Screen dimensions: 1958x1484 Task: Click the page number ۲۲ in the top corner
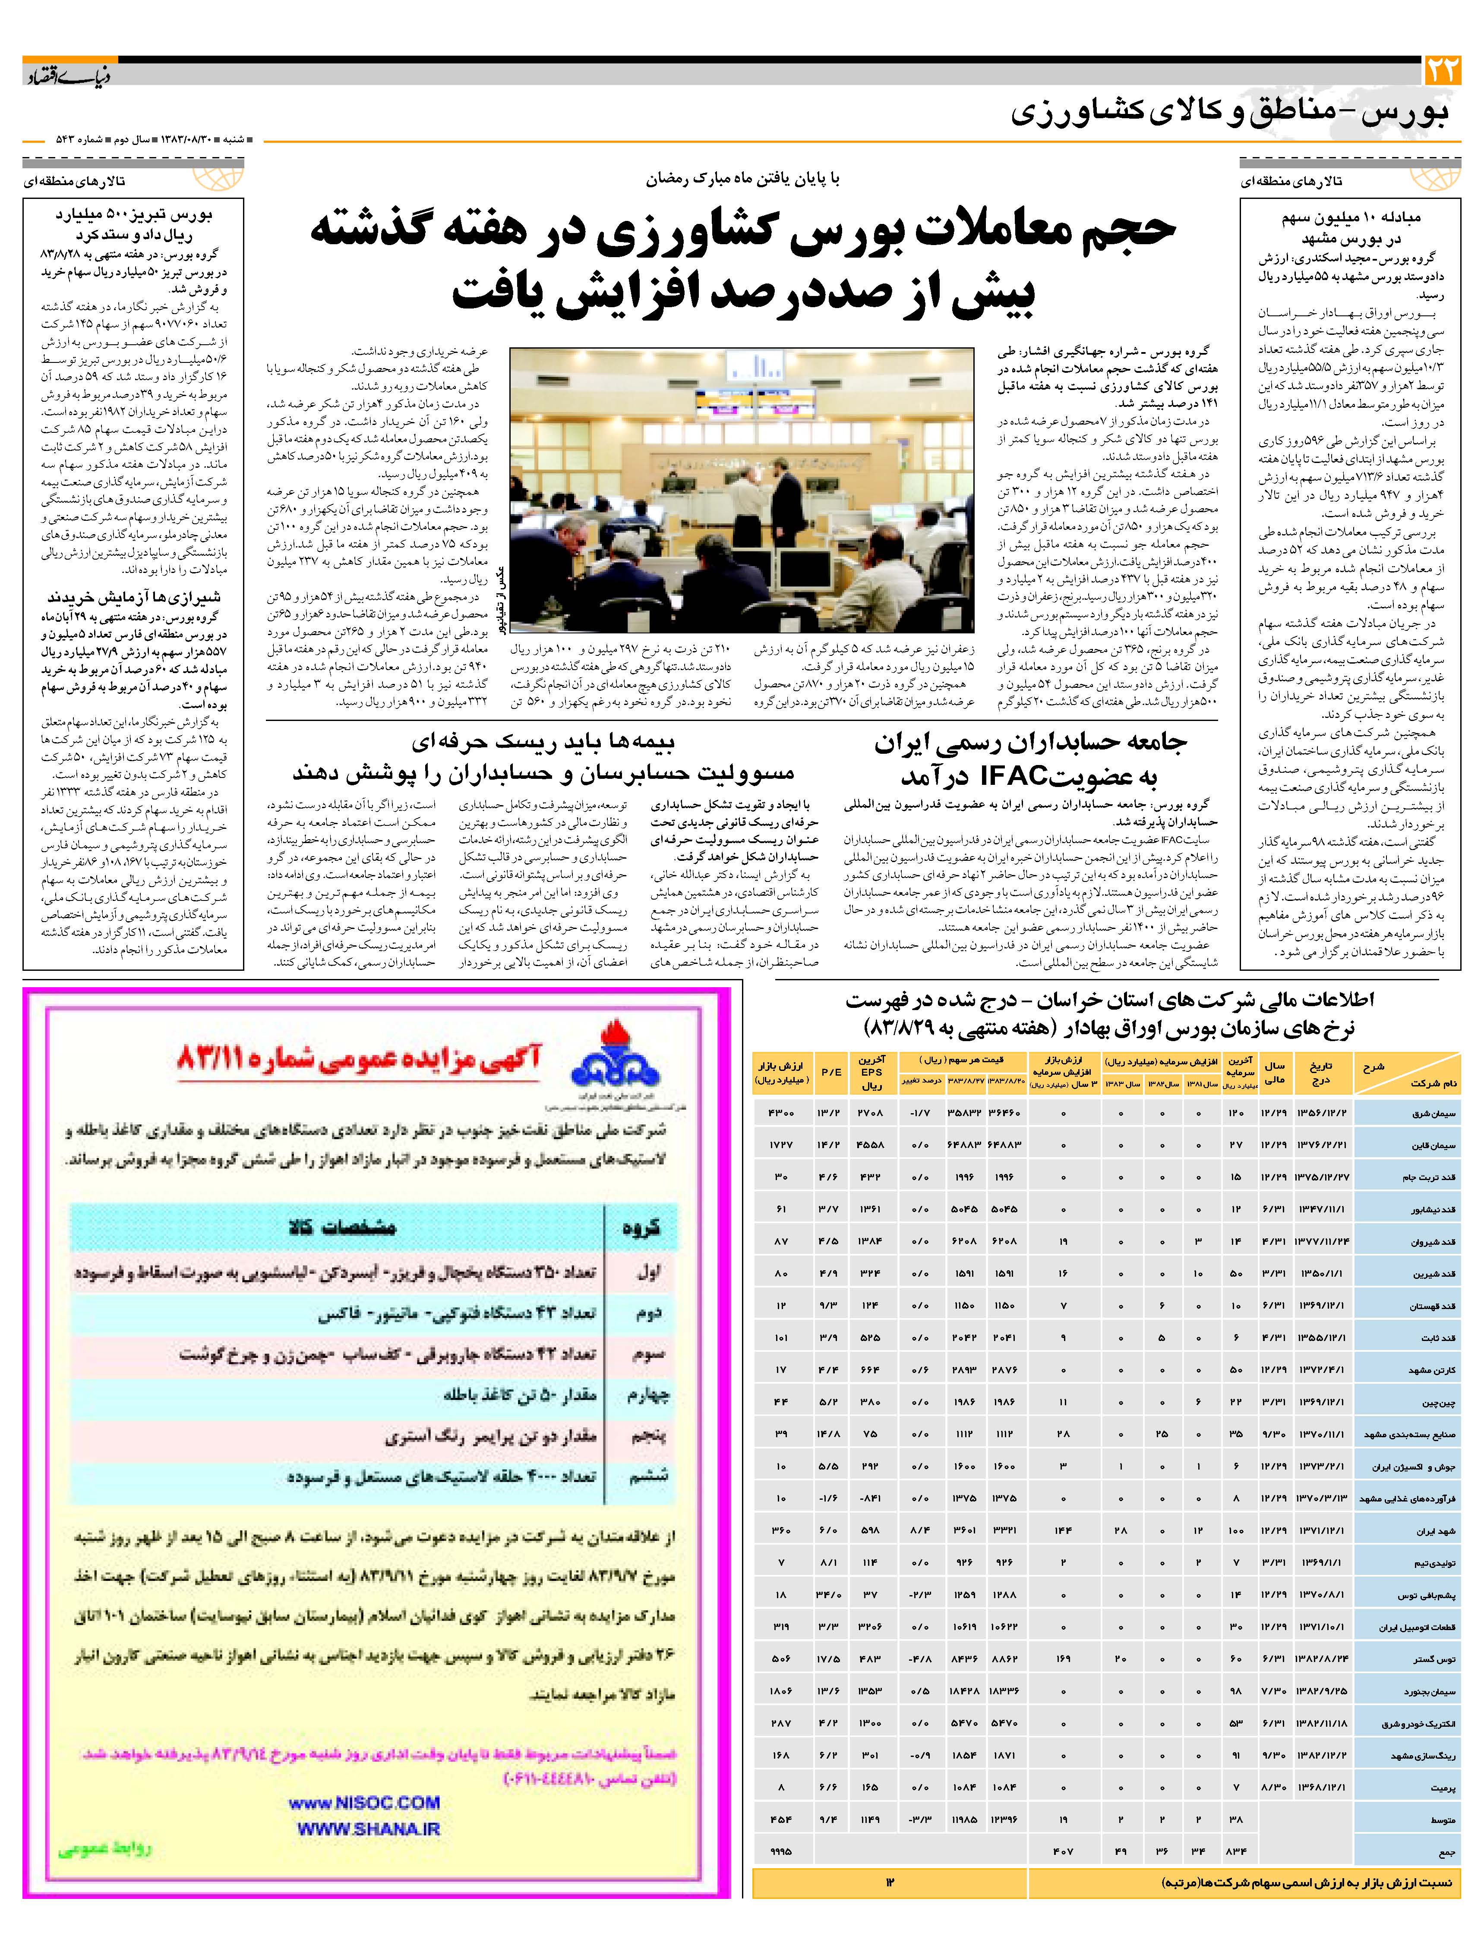pos(1440,70)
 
